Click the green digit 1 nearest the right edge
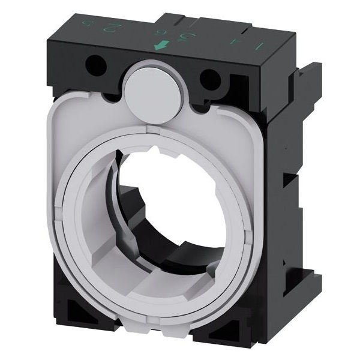260,46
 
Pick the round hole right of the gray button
208,77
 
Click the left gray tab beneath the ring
113,282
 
